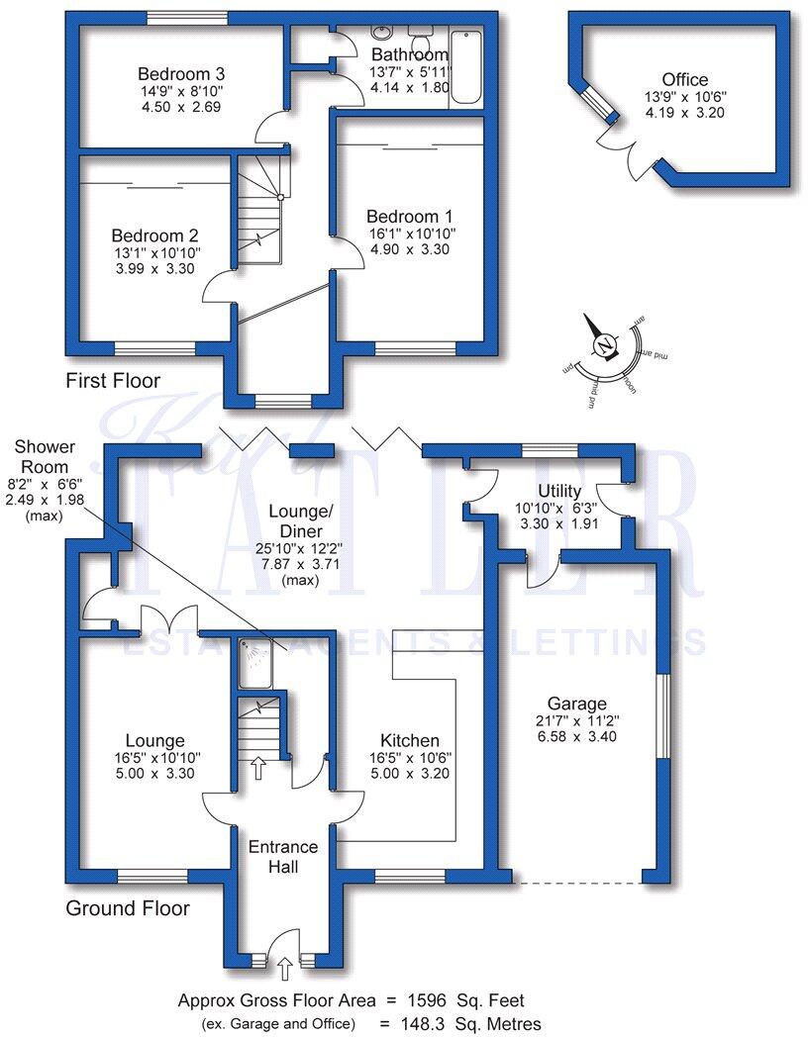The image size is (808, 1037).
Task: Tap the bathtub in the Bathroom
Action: pyautogui.click(x=465, y=68)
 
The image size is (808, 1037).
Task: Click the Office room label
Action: pyautogui.click(x=685, y=79)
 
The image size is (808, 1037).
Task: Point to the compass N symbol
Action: pyautogui.click(x=602, y=345)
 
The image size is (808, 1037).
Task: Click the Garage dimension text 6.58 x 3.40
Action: pyautogui.click(x=578, y=737)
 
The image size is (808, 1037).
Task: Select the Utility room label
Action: pyautogui.click(x=559, y=491)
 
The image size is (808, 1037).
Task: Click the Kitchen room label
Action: pyautogui.click(x=410, y=740)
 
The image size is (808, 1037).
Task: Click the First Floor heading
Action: pyautogui.click(x=113, y=380)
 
